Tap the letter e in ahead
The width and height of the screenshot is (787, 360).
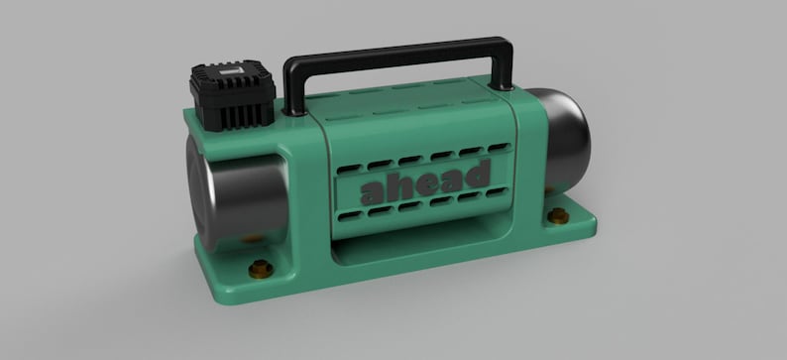click(x=427, y=183)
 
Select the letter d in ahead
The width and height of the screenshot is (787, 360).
click(x=479, y=175)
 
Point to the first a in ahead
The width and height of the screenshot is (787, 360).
click(x=375, y=191)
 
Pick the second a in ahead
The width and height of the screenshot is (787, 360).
click(x=452, y=180)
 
